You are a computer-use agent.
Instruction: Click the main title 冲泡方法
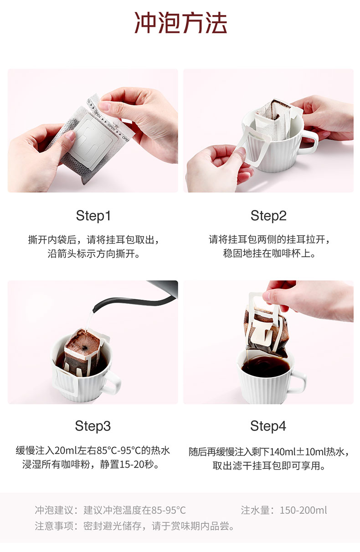[180, 23]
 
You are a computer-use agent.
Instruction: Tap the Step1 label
[93, 216]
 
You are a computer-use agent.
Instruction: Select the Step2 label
[268, 216]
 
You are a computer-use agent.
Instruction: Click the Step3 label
[93, 426]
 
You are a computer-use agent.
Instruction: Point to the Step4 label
[268, 426]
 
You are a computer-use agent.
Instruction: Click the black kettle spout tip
[94, 309]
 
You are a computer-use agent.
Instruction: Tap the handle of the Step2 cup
[311, 143]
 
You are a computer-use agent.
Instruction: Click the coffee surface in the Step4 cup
[265, 367]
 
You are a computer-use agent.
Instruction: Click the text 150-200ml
[303, 511]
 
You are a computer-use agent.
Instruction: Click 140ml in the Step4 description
[283, 452]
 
